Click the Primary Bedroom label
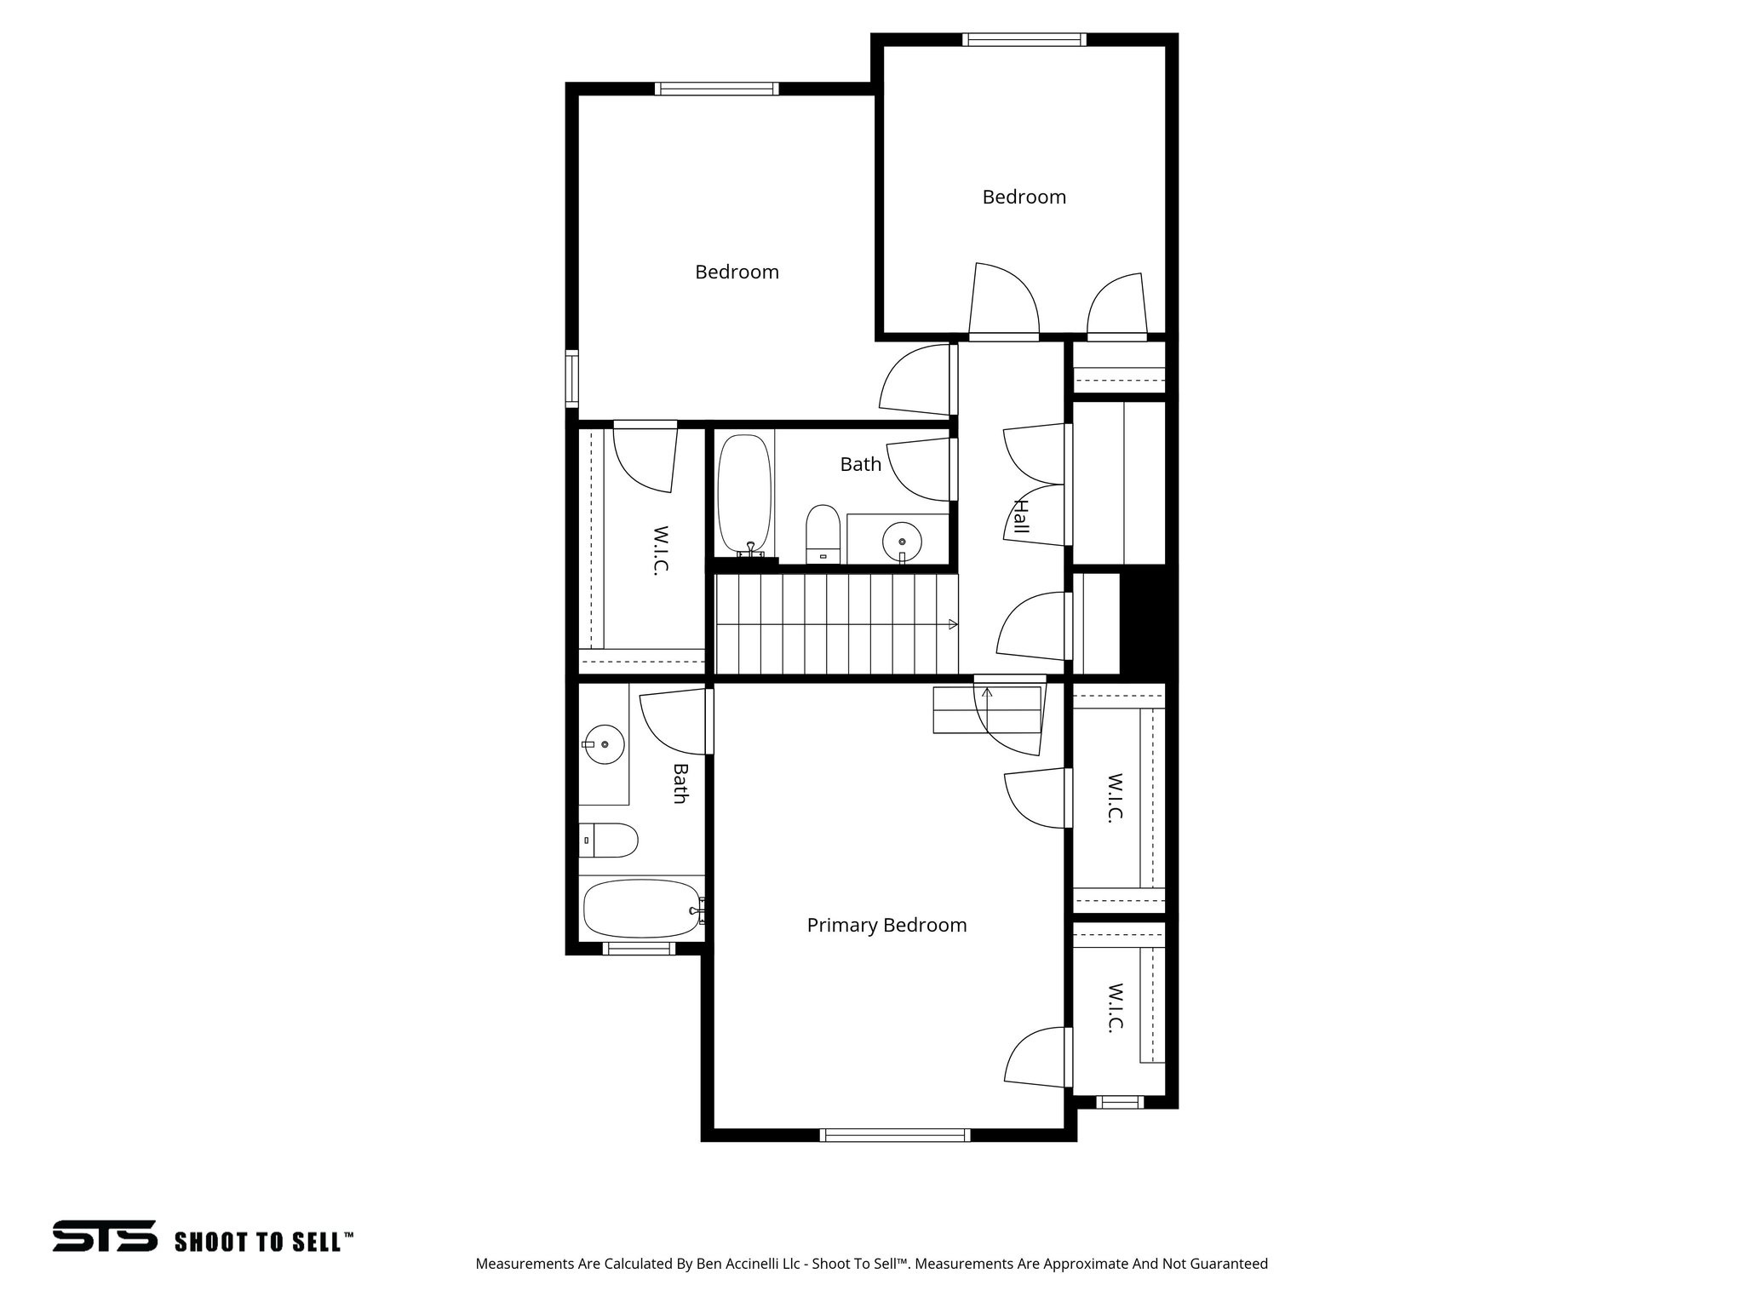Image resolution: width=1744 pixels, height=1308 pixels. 886,925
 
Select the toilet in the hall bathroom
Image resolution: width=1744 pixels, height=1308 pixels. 823,533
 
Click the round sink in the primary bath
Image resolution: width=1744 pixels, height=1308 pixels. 605,744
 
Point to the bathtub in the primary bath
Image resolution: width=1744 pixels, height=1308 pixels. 641,909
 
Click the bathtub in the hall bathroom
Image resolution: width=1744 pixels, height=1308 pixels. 745,495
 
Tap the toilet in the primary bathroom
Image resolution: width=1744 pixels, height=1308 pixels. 609,840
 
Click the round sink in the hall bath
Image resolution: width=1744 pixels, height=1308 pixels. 901,539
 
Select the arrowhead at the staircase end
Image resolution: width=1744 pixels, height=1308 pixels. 953,624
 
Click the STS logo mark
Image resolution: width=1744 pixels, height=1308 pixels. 105,1236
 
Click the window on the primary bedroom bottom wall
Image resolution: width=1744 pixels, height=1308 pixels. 894,1134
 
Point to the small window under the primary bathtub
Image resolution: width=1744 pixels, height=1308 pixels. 639,948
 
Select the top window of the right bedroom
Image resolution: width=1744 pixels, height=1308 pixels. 1024,39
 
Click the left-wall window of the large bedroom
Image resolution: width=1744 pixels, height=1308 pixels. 572,378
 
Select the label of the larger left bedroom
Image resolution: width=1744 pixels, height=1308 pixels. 737,272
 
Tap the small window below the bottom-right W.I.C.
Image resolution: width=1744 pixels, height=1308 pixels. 1120,1102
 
